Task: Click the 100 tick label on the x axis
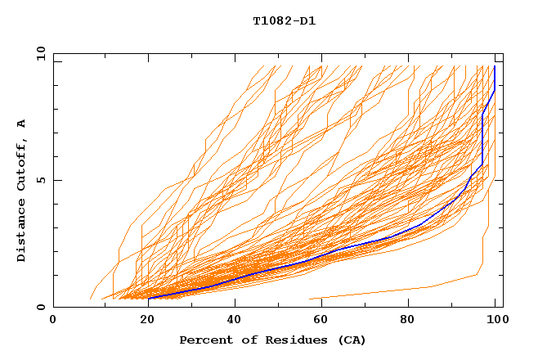tap(494, 320)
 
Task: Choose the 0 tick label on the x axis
tap(53, 320)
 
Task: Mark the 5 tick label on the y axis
tap(41, 180)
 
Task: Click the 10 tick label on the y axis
tap(38, 53)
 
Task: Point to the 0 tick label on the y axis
tap(41, 307)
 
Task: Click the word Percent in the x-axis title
tap(203, 340)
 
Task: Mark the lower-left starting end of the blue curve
tap(149, 298)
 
